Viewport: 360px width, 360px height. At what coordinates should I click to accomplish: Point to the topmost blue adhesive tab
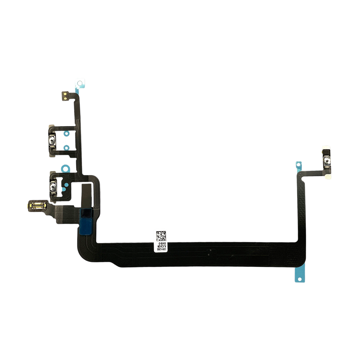80,84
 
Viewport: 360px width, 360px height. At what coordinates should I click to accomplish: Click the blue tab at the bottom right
299,274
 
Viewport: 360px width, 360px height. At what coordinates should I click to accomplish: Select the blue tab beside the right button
298,165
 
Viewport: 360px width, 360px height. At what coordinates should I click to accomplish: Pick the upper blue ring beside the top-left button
66,134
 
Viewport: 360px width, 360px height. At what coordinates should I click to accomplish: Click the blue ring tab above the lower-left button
65,167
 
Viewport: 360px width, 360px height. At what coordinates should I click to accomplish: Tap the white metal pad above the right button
326,148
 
